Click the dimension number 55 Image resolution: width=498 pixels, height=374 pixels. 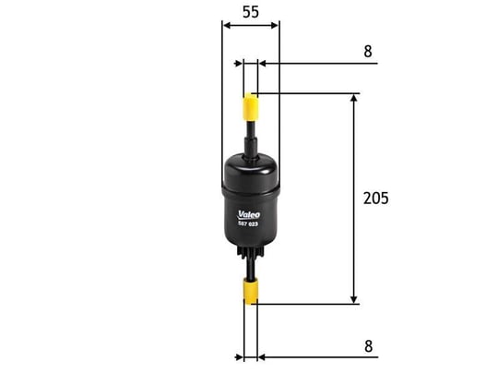[x=251, y=12]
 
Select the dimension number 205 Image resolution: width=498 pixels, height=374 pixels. [x=375, y=199]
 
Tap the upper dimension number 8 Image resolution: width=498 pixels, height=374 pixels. [x=368, y=51]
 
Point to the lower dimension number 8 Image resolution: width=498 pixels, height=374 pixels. [x=368, y=346]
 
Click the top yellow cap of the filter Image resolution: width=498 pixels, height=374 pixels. [x=251, y=107]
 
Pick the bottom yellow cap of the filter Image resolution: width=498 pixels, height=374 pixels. [x=251, y=291]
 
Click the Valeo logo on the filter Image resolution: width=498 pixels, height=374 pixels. [x=249, y=215]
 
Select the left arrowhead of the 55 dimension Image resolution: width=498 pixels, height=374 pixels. [x=227, y=26]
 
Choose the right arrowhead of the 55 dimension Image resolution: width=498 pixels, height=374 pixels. [x=275, y=26]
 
